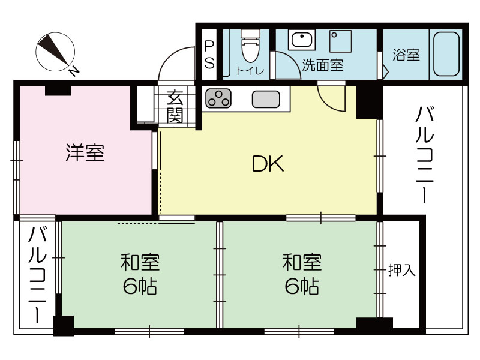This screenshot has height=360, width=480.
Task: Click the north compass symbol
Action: [55, 52]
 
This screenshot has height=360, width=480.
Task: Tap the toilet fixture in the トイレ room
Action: [250, 46]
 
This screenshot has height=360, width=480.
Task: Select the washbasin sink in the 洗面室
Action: [302, 40]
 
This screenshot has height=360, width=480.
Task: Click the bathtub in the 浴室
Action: [446, 54]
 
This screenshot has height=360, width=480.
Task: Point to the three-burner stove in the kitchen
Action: [218, 98]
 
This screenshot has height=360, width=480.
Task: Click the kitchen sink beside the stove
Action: [266, 99]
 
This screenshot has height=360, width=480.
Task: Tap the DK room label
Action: [268, 164]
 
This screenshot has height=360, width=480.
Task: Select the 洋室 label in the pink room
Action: [85, 152]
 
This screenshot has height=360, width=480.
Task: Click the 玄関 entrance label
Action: [175, 106]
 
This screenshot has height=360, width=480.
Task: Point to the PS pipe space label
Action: [209, 55]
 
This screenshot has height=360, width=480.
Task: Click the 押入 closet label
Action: [401, 270]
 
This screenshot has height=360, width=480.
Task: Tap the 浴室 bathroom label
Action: [406, 55]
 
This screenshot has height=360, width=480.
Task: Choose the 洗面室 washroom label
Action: [323, 65]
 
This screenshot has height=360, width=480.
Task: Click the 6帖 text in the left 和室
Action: [140, 286]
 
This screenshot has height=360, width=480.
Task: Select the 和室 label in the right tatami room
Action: [302, 262]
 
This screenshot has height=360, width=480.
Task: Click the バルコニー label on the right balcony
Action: [425, 155]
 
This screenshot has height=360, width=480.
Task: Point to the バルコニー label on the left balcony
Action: [37, 275]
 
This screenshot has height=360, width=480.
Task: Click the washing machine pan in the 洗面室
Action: [340, 41]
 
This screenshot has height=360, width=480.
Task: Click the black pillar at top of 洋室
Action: [58, 91]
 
